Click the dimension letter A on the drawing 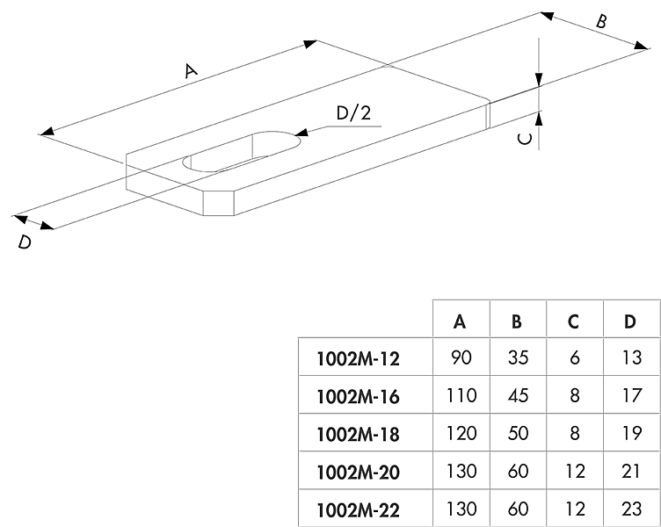pyautogui.click(x=189, y=71)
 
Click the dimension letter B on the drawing pyautogui.click(x=601, y=22)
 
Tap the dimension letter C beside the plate pyautogui.click(x=524, y=139)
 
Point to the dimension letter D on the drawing pyautogui.click(x=25, y=242)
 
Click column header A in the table pyautogui.click(x=460, y=321)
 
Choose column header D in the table pyautogui.click(x=629, y=321)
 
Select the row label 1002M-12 pyautogui.click(x=357, y=358)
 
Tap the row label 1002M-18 pyautogui.click(x=357, y=434)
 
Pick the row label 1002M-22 pyautogui.click(x=357, y=510)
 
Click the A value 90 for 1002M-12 pyautogui.click(x=460, y=358)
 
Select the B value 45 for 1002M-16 pyautogui.click(x=517, y=396)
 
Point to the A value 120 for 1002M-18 pyautogui.click(x=460, y=434)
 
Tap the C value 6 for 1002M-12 pyautogui.click(x=573, y=358)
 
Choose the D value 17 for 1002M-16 pyautogui.click(x=629, y=396)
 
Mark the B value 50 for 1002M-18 pyautogui.click(x=517, y=434)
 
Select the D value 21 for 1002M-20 pyautogui.click(x=629, y=473)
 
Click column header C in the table pyautogui.click(x=573, y=321)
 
